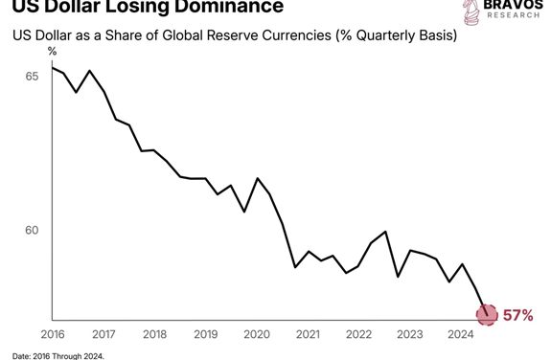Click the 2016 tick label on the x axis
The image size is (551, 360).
click(x=52, y=334)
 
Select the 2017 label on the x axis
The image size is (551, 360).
click(x=103, y=334)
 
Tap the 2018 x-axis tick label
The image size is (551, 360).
click(x=154, y=334)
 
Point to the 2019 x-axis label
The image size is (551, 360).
click(x=205, y=334)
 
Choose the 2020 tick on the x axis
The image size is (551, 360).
click(x=256, y=334)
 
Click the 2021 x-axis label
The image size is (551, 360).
click(x=308, y=334)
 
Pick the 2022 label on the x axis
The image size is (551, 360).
click(x=358, y=334)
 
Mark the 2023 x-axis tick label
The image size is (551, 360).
click(x=409, y=334)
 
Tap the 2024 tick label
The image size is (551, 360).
click(x=461, y=334)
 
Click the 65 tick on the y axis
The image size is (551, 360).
click(x=32, y=75)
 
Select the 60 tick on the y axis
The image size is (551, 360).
click(x=32, y=231)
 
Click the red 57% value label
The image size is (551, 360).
click(x=517, y=315)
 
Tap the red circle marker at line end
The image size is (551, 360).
click(x=488, y=314)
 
